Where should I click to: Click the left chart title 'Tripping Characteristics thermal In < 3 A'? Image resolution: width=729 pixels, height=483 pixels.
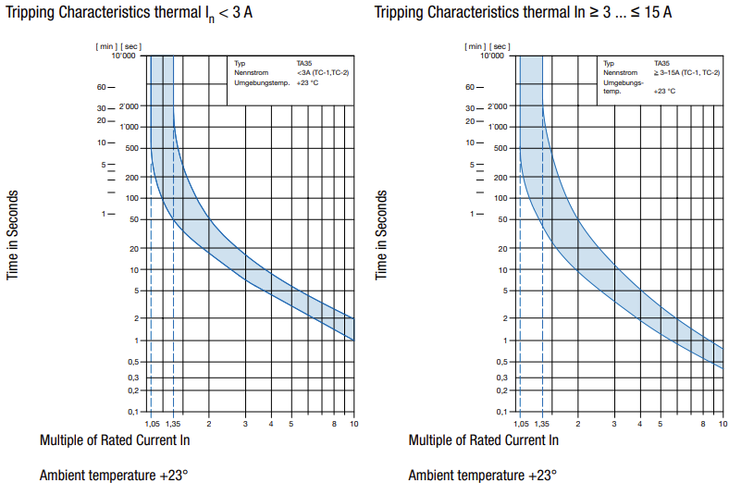pyautogui.click(x=129, y=13)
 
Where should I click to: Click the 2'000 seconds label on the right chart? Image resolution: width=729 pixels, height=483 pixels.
pyautogui.click(x=495, y=106)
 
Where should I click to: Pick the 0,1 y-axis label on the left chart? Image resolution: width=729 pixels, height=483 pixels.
pyautogui.click(x=132, y=412)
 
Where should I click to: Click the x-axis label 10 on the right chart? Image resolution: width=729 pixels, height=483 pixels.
pyautogui.click(x=722, y=424)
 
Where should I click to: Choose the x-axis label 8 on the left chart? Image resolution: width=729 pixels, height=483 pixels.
pyautogui.click(x=334, y=424)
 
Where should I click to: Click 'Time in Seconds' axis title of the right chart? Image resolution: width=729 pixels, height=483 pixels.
pyautogui.click(x=381, y=236)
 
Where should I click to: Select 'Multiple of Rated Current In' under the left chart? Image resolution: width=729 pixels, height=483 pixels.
pyautogui.click(x=115, y=440)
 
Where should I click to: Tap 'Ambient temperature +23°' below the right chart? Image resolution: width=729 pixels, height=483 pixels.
pyautogui.click(x=482, y=476)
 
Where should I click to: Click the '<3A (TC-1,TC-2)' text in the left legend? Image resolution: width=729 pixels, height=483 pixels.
pyautogui.click(x=323, y=72)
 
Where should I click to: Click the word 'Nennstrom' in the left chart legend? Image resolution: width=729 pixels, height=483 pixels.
pyautogui.click(x=252, y=72)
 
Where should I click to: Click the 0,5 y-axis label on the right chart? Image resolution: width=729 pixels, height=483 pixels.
pyautogui.click(x=501, y=362)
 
